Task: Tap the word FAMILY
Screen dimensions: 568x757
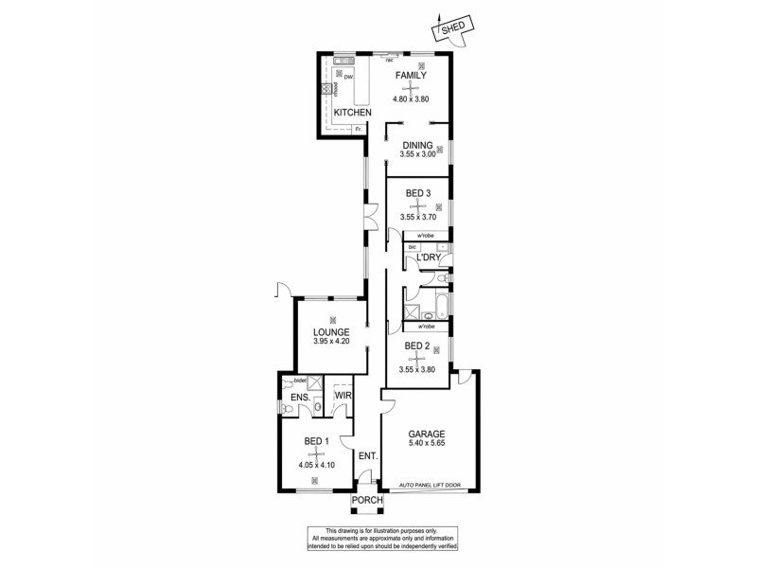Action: [411, 76]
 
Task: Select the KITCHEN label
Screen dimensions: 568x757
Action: [351, 113]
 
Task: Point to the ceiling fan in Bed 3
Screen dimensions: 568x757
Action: [417, 204]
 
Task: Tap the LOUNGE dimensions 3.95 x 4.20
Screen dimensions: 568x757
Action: [332, 344]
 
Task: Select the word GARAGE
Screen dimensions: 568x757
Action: [428, 434]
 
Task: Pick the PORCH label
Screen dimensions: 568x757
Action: [366, 500]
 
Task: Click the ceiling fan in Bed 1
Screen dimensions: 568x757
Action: [315, 454]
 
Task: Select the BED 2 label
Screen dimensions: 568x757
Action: [417, 346]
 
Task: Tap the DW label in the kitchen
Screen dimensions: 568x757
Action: [347, 77]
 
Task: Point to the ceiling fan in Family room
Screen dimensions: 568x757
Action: [411, 88]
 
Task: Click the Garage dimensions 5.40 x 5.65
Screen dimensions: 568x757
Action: [428, 445]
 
